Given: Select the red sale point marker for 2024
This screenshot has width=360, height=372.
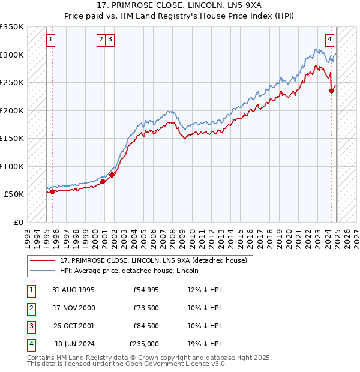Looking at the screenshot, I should click(331, 91).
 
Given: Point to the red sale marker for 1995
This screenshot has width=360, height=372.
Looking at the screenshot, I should click(52, 191).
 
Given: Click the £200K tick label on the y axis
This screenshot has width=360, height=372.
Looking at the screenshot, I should click(11, 110).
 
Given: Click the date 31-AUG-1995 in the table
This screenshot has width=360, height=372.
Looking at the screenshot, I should click(74, 290).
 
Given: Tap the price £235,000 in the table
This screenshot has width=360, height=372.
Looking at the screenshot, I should click(144, 344).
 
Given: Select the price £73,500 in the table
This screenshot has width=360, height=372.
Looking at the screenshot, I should click(146, 308).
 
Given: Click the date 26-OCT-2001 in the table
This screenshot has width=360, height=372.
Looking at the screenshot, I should click(74, 326).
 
